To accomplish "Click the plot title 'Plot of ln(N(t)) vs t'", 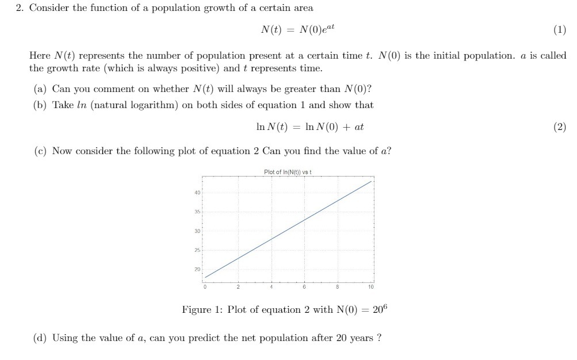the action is [x=288, y=171].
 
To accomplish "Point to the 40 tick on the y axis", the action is [x=197, y=193].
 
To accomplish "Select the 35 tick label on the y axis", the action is [x=197, y=212].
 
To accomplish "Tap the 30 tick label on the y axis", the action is [x=197, y=231].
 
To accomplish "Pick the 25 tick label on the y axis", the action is [x=197, y=250].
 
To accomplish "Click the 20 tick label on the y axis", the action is [x=197, y=269].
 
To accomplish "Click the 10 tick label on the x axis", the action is [x=371, y=286].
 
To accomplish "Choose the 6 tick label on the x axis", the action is [x=304, y=286].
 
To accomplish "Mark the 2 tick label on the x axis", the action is [x=237, y=286].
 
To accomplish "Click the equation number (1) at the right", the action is [x=560, y=31].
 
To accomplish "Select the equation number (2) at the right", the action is [x=560, y=127].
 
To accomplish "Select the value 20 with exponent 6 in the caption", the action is [x=381, y=309].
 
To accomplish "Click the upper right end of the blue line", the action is [x=372, y=181].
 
